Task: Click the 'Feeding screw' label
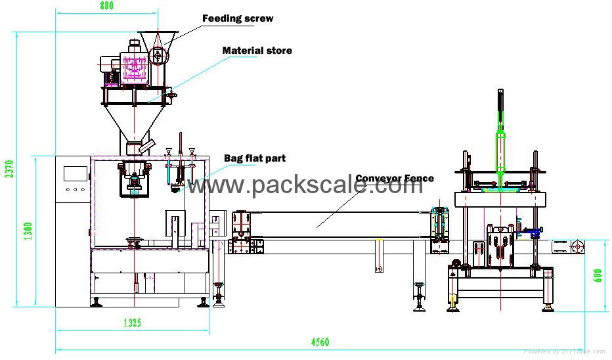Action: pyautogui.click(x=237, y=18)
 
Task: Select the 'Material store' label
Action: pyautogui.click(x=257, y=51)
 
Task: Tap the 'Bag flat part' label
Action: pyautogui.click(x=255, y=158)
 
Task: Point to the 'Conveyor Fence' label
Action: pyautogui.click(x=395, y=178)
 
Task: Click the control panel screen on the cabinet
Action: pyautogui.click(x=76, y=174)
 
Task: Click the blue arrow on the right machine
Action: pyautogui.click(x=535, y=230)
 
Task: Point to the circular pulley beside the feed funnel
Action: pyautogui.click(x=158, y=56)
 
